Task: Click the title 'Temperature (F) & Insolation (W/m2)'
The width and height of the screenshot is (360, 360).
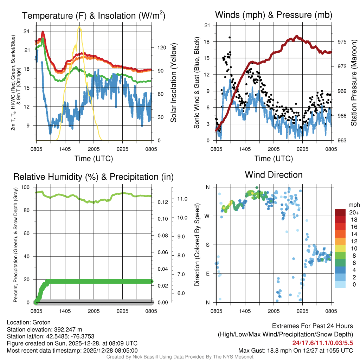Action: pos(94,15)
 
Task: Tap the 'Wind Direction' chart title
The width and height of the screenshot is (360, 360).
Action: pos(274,175)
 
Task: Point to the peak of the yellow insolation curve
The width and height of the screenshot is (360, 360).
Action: pos(79,27)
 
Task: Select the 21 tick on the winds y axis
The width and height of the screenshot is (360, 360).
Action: pos(207,25)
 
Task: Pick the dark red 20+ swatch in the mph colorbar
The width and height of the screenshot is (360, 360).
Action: pos(341,213)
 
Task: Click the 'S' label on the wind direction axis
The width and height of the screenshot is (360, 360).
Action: pos(208,245)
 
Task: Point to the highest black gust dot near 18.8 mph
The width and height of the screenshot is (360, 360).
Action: pos(230,37)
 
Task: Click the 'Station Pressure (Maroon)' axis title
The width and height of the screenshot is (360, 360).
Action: pos(354,83)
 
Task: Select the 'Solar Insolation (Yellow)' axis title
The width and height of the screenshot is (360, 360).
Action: pos(173,83)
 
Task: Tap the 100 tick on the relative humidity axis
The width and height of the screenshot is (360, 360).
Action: pos(28,187)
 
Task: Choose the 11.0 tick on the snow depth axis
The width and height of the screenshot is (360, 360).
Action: pos(182,199)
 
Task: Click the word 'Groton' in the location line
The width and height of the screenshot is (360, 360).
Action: pos(41,322)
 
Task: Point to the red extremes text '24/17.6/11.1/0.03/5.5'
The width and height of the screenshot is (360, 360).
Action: pos(322,343)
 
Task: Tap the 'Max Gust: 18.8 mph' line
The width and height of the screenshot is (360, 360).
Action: pos(295,350)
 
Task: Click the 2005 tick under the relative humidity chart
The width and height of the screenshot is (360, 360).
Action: pos(94,311)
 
